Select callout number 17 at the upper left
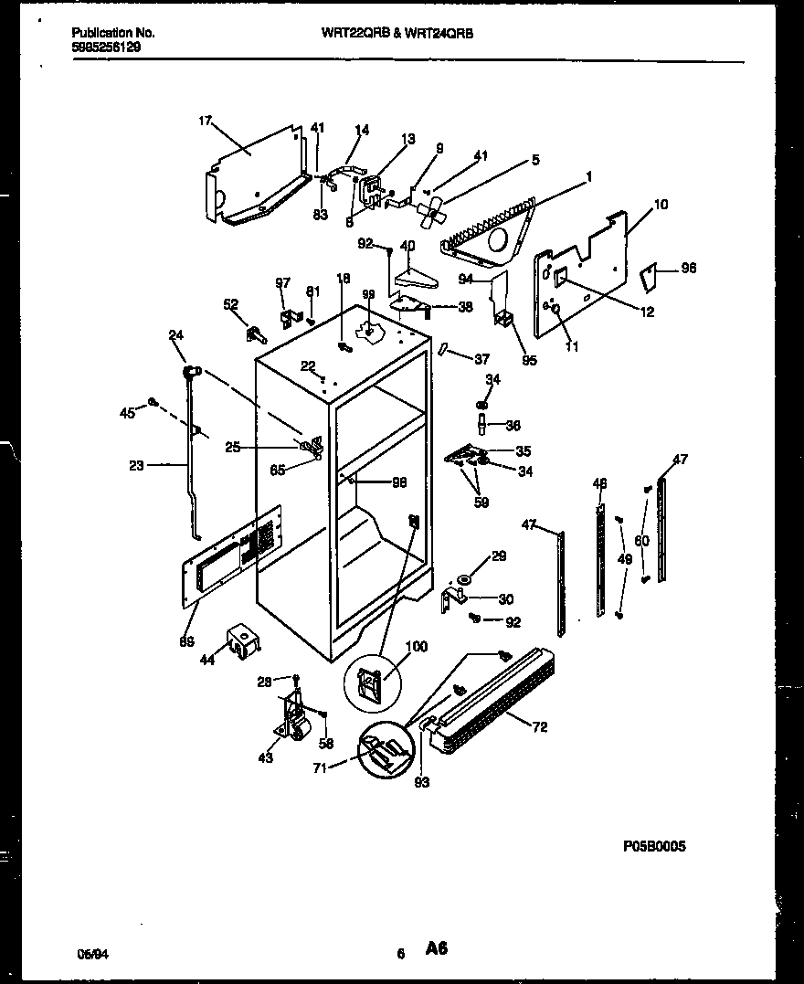(205, 120)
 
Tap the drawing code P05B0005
(653, 846)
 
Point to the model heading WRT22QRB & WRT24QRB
(397, 32)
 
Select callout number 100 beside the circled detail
(416, 648)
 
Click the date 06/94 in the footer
(88, 953)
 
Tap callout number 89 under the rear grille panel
(187, 641)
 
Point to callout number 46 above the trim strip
(599, 482)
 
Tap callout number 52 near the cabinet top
(230, 305)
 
